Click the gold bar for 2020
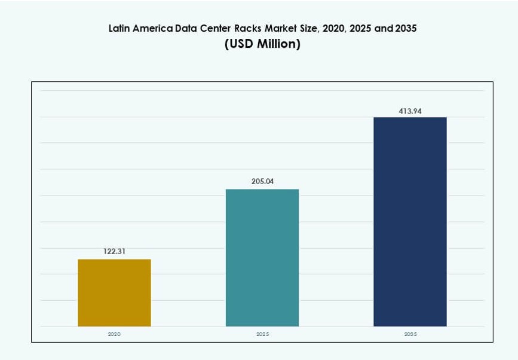114,292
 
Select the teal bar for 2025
262,258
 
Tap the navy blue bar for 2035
410,221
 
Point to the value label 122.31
114,252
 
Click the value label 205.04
262,182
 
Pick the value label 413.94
410,110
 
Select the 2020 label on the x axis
114,334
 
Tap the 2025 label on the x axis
262,334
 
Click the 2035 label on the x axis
410,334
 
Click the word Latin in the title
119,28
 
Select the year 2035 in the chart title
406,28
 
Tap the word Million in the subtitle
277,44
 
